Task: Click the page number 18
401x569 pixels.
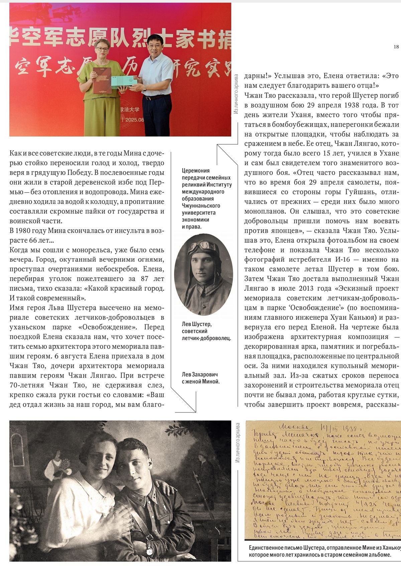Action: click(x=396, y=47)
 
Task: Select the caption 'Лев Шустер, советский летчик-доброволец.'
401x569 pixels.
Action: click(x=206, y=331)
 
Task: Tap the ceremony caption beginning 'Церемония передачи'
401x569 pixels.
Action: click(x=207, y=199)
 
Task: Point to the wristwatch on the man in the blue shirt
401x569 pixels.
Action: click(x=145, y=88)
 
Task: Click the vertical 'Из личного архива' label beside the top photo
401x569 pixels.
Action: click(x=236, y=94)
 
